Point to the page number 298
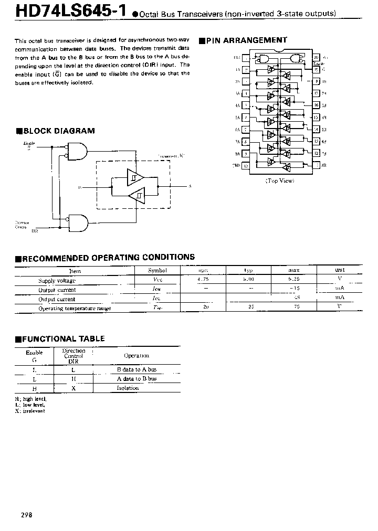pyautogui.click(x=27, y=515)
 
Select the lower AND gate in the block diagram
pyautogui.click(x=78, y=222)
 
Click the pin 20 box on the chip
pyautogui.click(x=317, y=58)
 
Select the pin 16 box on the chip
pyautogui.click(x=317, y=105)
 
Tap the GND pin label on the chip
pyautogui.click(x=237, y=165)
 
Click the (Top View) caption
pyautogui.click(x=279, y=180)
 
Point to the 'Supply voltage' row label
pyautogui.click(x=57, y=281)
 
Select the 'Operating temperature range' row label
pyautogui.click(x=75, y=309)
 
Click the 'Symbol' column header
pyautogui.click(x=157, y=271)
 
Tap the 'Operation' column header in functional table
pyautogui.click(x=136, y=356)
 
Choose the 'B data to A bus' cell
pyautogui.click(x=136, y=369)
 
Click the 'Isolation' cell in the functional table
pyautogui.click(x=128, y=388)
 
